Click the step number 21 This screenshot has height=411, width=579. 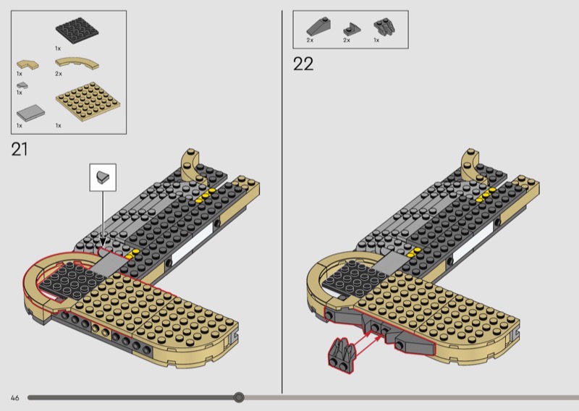point(20,149)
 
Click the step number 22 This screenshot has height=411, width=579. point(303,64)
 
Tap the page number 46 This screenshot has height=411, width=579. point(14,398)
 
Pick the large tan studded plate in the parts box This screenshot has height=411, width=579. point(88,101)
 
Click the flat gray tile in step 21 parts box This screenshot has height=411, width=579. point(30,113)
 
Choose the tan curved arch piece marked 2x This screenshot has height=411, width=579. point(77,63)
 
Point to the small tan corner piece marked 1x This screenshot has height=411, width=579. point(28,64)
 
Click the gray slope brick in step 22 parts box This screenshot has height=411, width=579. point(318,27)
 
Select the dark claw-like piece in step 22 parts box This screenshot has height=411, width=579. point(385,27)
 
